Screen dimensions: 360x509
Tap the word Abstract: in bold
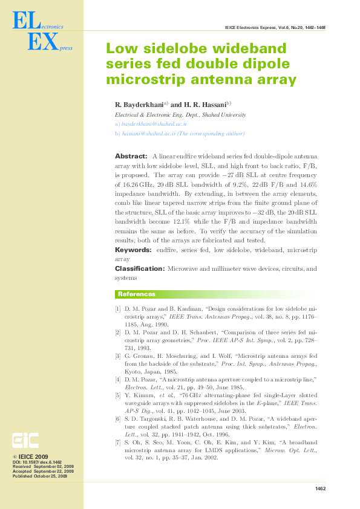(131, 156)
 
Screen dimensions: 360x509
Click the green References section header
(136, 294)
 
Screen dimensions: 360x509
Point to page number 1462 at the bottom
(320, 489)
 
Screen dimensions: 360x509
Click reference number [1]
(118, 309)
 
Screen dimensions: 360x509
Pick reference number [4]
(118, 379)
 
